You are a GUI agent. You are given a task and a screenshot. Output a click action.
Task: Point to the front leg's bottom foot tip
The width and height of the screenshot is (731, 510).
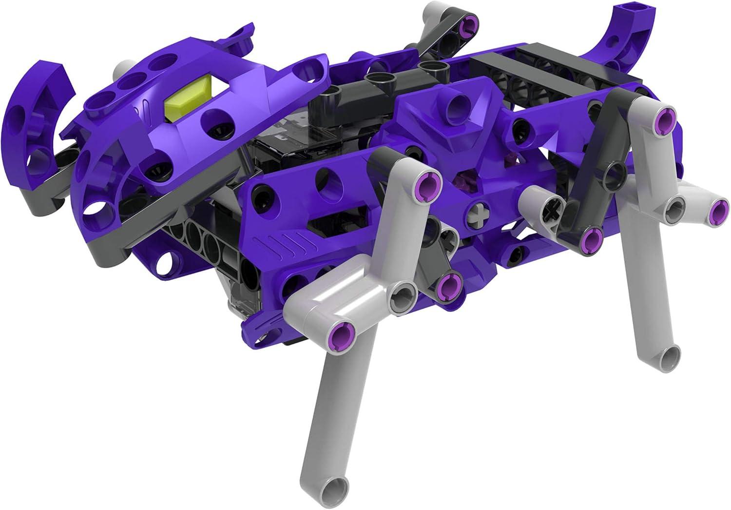click(336, 487)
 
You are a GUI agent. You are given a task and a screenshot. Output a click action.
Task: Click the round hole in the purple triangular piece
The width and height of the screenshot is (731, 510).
click(456, 101)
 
